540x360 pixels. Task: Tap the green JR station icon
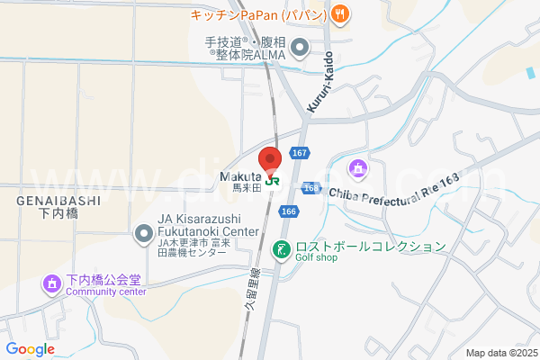tap(271, 179)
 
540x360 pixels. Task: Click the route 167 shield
tap(300, 154)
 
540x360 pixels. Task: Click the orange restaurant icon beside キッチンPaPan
tap(339, 13)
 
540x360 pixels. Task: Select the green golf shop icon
tap(281, 247)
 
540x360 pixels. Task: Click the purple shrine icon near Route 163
tap(359, 168)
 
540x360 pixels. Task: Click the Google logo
tap(31, 349)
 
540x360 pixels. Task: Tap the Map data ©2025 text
tap(500, 353)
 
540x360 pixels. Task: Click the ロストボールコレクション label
tap(370, 246)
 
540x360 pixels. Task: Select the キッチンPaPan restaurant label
tap(261, 13)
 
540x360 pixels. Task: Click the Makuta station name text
tap(239, 177)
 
